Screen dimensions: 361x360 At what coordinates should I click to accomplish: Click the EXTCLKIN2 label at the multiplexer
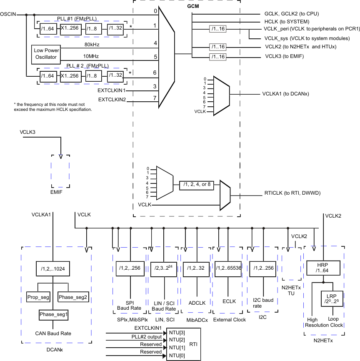pos(112,100)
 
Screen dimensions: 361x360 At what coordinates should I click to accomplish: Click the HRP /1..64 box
pos(323,268)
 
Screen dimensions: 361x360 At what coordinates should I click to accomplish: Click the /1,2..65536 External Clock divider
pos(228,268)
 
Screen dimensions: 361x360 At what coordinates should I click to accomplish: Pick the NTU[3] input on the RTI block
pos(175,333)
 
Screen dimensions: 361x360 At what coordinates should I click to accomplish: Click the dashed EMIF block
pos(60,172)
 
